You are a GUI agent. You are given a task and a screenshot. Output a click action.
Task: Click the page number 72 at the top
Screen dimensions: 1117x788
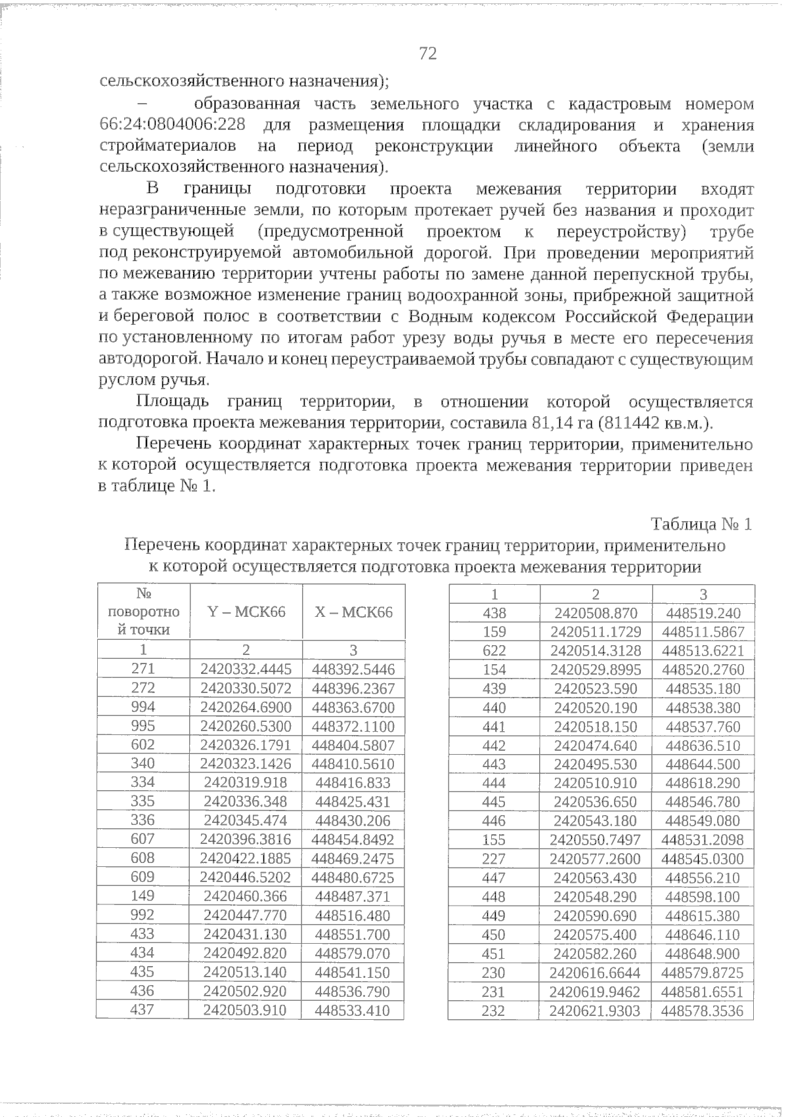(427, 54)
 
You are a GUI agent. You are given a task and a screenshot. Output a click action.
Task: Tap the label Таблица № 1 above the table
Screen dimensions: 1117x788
(701, 524)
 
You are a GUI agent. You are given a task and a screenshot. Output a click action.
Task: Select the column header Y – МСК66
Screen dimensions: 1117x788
(246, 612)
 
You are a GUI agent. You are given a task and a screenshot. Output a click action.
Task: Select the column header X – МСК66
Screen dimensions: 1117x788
(353, 612)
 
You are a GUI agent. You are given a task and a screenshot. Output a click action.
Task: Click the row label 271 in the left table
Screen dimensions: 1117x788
(143, 669)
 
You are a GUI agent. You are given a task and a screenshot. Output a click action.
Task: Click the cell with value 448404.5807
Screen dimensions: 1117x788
(353, 746)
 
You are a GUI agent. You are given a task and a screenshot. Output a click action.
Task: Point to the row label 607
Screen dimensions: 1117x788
(143, 839)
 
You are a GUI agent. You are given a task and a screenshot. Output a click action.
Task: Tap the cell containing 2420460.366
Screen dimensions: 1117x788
(245, 896)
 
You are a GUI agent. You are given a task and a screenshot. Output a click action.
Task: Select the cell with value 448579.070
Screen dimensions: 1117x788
(353, 954)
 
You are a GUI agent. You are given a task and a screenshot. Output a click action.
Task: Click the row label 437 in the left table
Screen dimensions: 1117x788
(142, 1010)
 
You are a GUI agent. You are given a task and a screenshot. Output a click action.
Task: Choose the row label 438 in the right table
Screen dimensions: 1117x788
(494, 613)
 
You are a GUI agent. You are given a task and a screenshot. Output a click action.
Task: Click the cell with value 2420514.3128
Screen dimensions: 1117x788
(596, 651)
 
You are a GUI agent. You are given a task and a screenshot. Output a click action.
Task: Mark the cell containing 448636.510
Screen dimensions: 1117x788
(703, 746)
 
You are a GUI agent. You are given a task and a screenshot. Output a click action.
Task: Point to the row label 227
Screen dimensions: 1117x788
(494, 859)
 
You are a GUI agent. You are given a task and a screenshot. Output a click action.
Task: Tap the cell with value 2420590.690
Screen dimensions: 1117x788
(596, 916)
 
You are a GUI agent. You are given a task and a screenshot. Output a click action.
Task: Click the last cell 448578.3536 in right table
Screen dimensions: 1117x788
(703, 1011)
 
